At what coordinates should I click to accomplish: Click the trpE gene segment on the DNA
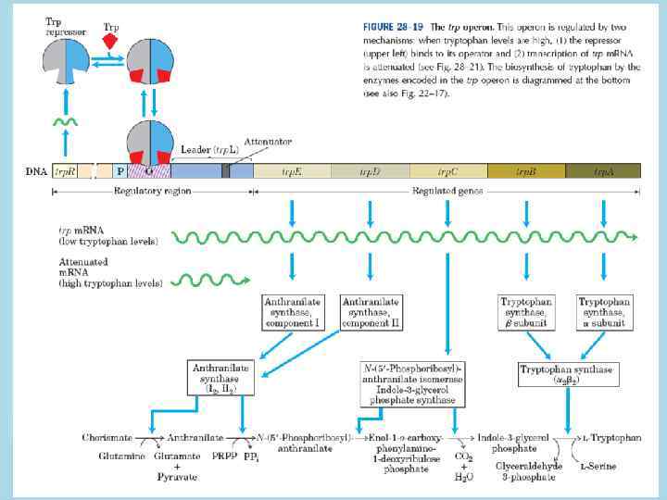point(292,171)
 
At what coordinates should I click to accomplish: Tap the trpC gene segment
point(447,171)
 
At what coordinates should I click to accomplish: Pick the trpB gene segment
point(525,171)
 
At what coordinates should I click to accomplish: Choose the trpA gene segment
point(603,171)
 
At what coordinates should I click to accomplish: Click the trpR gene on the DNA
point(65,171)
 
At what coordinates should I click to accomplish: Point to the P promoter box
point(120,171)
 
